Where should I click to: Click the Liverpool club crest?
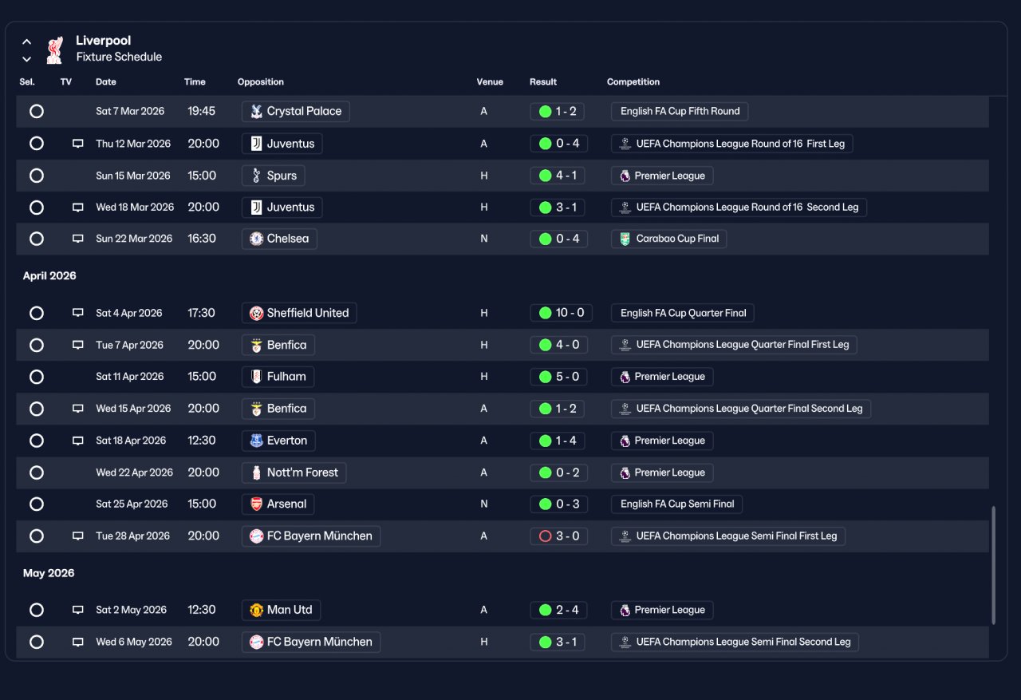point(55,49)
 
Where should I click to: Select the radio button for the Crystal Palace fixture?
point(37,111)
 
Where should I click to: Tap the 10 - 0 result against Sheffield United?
point(561,313)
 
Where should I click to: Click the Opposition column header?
point(260,82)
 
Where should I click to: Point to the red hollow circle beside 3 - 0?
point(545,536)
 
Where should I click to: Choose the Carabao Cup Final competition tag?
point(668,239)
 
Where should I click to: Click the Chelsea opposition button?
point(279,239)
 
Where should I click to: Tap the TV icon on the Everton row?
point(78,441)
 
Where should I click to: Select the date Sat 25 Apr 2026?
point(132,504)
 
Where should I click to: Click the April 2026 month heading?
point(49,276)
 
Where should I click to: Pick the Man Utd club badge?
point(257,610)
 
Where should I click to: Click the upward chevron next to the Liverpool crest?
point(27,42)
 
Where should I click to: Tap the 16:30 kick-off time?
point(202,239)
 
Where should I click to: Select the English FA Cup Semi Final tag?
point(677,504)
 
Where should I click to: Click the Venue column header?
point(490,82)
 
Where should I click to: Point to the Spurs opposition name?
point(282,176)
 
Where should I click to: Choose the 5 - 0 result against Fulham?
point(559,377)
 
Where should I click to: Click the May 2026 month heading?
point(49,573)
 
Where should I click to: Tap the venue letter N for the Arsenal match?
point(484,504)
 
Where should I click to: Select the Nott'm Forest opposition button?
point(294,473)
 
